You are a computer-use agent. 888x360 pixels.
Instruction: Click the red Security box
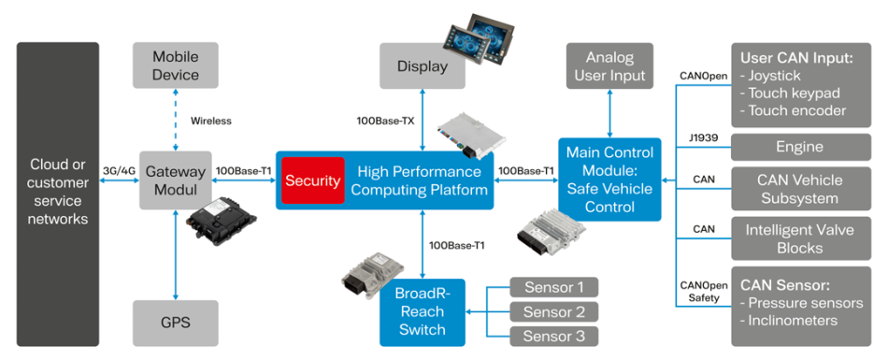point(313,180)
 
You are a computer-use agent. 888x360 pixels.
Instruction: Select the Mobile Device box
point(176,65)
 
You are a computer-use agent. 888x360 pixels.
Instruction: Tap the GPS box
point(176,324)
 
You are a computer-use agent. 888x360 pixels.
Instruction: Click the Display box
point(422,66)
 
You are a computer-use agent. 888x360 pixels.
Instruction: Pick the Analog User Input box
point(609,65)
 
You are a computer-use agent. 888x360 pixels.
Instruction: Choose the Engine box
point(801,148)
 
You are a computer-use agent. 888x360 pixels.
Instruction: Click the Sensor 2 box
point(554,311)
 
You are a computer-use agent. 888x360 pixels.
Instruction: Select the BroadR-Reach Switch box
point(422,311)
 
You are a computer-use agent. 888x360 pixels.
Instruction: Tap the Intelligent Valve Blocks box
point(801,238)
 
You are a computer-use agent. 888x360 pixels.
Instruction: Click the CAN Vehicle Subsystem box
point(801,189)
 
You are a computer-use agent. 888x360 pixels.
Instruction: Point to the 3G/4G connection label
point(118,169)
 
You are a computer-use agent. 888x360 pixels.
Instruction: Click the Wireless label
point(210,121)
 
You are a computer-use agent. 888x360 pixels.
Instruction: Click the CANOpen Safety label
point(699,291)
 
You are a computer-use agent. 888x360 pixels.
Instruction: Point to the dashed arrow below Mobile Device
point(176,120)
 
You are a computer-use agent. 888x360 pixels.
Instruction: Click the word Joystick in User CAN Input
point(779,76)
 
